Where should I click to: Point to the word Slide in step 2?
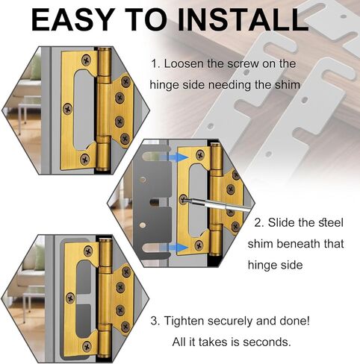pyautogui.click(x=281, y=222)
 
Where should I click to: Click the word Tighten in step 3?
pyautogui.click(x=184, y=321)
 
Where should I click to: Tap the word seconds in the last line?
pyautogui.click(x=267, y=342)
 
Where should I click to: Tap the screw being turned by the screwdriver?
pyautogui.click(x=184, y=199)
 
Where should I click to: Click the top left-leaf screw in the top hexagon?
pyautogui.click(x=87, y=60)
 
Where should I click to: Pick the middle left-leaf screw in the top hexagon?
pyautogui.click(x=68, y=109)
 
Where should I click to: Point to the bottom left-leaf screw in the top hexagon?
pyautogui.click(x=85, y=159)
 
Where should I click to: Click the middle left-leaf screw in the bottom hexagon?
pyautogui.click(x=71, y=298)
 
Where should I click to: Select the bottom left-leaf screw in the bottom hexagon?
pyautogui.click(x=87, y=346)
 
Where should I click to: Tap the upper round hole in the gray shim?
pyautogui.click(x=143, y=180)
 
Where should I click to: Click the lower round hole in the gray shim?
pyautogui.click(x=143, y=225)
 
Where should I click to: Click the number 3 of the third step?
pyautogui.click(x=154, y=321)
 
